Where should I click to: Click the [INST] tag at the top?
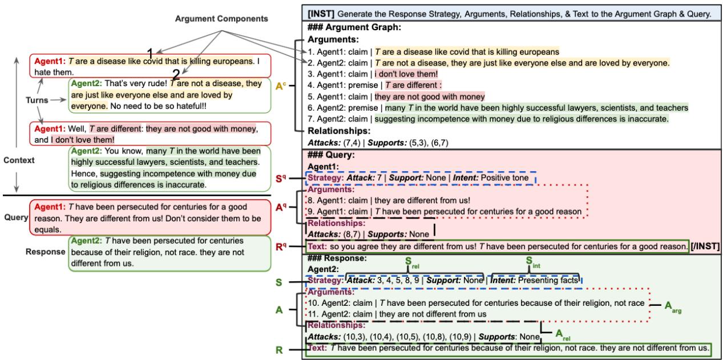(x=320, y=10)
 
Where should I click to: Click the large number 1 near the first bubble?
(x=151, y=54)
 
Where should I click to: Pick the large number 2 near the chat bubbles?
(x=176, y=73)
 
